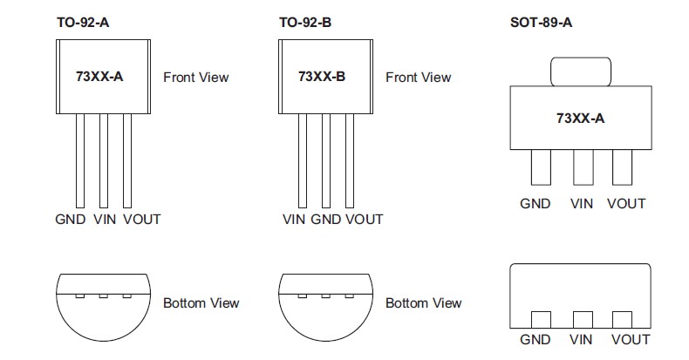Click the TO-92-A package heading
point(83,22)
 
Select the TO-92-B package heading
point(305,22)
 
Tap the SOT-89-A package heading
point(541,22)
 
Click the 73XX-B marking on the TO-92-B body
point(322,77)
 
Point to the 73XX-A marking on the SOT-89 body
point(580,118)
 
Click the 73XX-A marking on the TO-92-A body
point(99,77)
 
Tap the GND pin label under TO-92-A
point(70,219)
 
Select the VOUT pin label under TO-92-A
point(142,219)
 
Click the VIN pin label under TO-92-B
point(295,219)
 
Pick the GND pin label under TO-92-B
point(325,219)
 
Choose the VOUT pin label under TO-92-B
point(364,219)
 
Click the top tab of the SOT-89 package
point(580,71)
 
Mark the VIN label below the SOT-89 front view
point(582,203)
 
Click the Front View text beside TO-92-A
point(196,77)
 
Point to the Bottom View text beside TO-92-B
point(424,302)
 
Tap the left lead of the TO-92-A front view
point(79,161)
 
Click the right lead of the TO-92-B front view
point(350,161)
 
